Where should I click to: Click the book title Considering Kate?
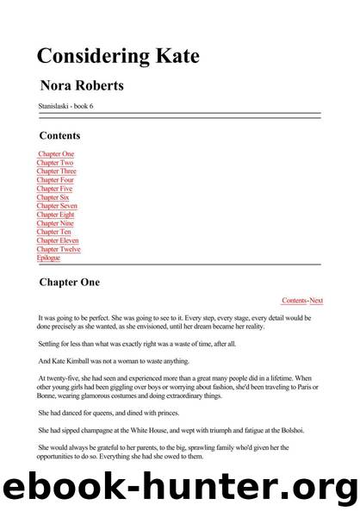[x=118, y=57]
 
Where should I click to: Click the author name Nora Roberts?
[x=82, y=86]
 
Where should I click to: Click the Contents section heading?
[x=59, y=135]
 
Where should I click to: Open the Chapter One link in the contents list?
[x=56, y=153]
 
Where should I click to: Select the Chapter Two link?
[x=54, y=162]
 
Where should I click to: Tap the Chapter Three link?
[x=57, y=171]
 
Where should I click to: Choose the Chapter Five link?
[x=54, y=189]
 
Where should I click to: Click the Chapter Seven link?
[x=57, y=206]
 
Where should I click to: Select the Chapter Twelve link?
[x=59, y=249]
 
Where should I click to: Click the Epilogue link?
[x=48, y=258]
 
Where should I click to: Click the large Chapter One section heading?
[x=70, y=282]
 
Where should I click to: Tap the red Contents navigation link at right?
[x=294, y=300]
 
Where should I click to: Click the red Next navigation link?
[x=316, y=300]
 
